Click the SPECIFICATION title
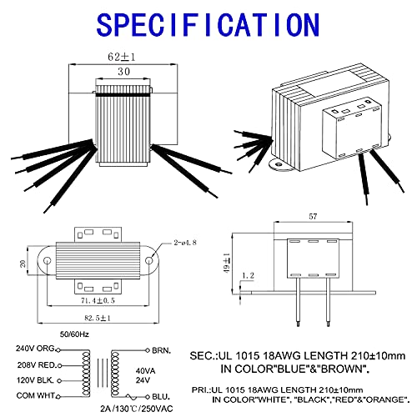(x=208, y=23)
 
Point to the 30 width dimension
(x=124, y=73)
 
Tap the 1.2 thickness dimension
(x=247, y=274)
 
